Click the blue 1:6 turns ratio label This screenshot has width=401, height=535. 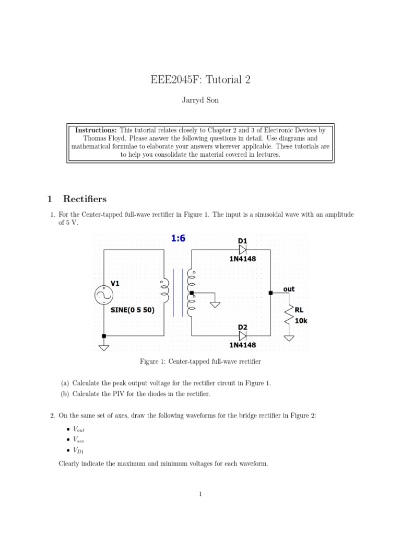178,238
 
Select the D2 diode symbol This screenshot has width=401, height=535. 242,336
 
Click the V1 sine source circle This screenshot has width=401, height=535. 103,296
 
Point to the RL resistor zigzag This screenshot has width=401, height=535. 288,315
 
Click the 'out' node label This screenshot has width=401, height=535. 289,289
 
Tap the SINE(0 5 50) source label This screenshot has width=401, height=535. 133,309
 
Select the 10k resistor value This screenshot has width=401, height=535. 301,321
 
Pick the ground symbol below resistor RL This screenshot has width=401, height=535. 288,338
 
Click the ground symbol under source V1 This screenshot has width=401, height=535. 104,347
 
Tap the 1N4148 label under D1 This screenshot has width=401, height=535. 242,259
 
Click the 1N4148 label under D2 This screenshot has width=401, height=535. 242,345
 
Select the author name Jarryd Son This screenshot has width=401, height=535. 200,100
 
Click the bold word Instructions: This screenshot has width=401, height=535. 96,130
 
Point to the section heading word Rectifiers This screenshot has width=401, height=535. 85,199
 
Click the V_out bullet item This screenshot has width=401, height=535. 73,428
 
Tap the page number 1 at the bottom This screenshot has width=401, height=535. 200,494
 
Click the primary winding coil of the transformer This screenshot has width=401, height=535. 166,292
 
